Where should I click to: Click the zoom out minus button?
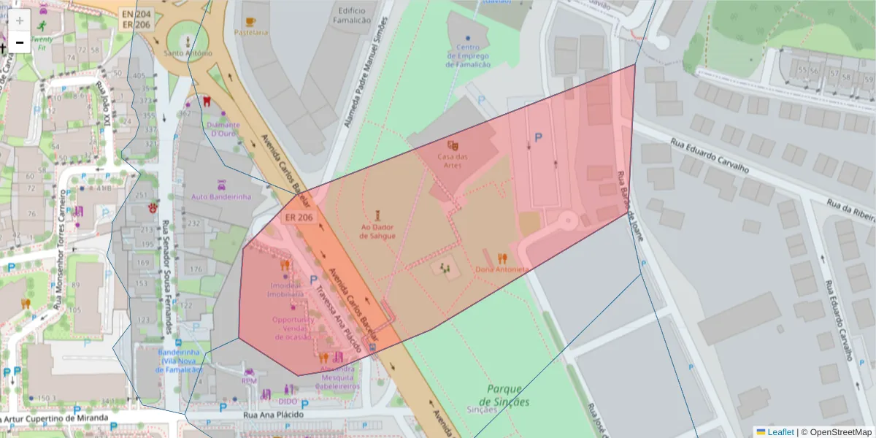tap(20, 42)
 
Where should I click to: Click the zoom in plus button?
tap(20, 20)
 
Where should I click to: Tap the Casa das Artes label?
tap(453, 161)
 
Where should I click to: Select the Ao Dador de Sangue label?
tap(378, 231)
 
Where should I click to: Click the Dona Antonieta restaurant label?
tap(502, 269)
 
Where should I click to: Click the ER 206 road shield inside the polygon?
tap(299, 218)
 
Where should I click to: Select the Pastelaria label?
tap(252, 32)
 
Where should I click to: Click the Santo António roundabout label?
tap(188, 53)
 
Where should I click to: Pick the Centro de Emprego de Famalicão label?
tap(468, 55)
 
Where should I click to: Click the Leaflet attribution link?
tap(780, 432)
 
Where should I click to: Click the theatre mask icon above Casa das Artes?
tap(453, 145)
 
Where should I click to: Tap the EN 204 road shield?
tap(137, 13)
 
